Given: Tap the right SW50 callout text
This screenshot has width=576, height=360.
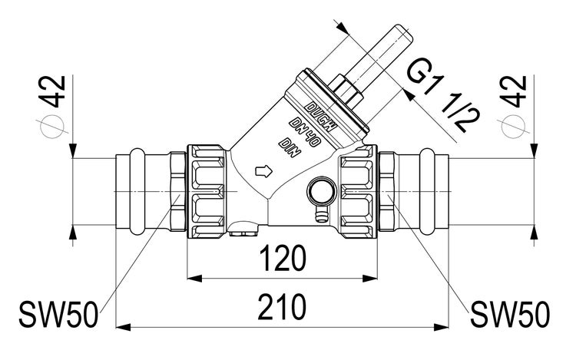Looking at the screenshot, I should pos(510,313).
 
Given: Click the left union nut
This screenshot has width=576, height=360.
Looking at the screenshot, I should pos(205,192).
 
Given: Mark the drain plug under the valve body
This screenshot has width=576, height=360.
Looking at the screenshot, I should pos(244,227).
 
